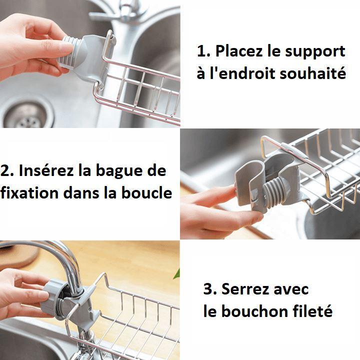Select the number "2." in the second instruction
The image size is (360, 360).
pyautogui.click(x=7, y=170)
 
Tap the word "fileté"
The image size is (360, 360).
pyautogui.click(x=313, y=311)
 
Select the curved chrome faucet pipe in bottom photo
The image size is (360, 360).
pyautogui.click(x=65, y=260)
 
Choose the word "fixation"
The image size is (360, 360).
pyautogui.click(x=29, y=193)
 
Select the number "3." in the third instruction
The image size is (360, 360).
pyautogui.click(x=210, y=289)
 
